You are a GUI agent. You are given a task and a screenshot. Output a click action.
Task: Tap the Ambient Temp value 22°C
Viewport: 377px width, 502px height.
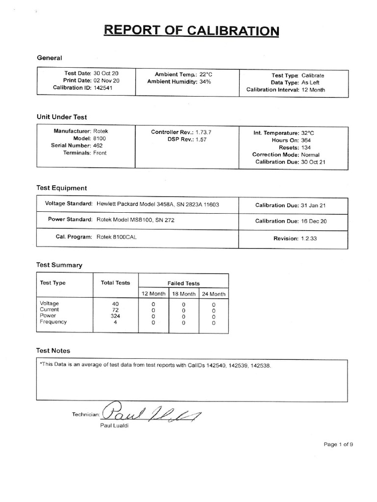click(x=206, y=74)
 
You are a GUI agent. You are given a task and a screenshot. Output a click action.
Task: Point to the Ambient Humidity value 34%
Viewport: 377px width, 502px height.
click(x=205, y=81)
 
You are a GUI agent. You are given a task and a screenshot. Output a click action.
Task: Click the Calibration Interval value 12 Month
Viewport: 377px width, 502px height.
click(x=313, y=90)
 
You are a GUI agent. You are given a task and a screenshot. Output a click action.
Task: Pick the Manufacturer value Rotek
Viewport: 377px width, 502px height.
click(x=101, y=131)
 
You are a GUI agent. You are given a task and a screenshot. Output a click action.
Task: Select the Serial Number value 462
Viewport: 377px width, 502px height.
click(x=98, y=146)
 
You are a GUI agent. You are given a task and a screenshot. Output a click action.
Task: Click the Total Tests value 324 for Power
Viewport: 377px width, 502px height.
click(x=115, y=316)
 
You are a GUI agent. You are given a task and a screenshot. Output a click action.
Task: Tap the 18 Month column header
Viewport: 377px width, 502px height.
click(x=184, y=294)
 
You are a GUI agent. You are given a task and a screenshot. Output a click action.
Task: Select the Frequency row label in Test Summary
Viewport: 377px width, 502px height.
click(x=53, y=322)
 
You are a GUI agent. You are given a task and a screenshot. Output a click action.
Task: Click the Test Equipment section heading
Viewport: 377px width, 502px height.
click(x=62, y=188)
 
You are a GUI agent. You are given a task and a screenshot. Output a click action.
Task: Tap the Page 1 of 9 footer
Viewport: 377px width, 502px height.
click(x=338, y=444)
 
